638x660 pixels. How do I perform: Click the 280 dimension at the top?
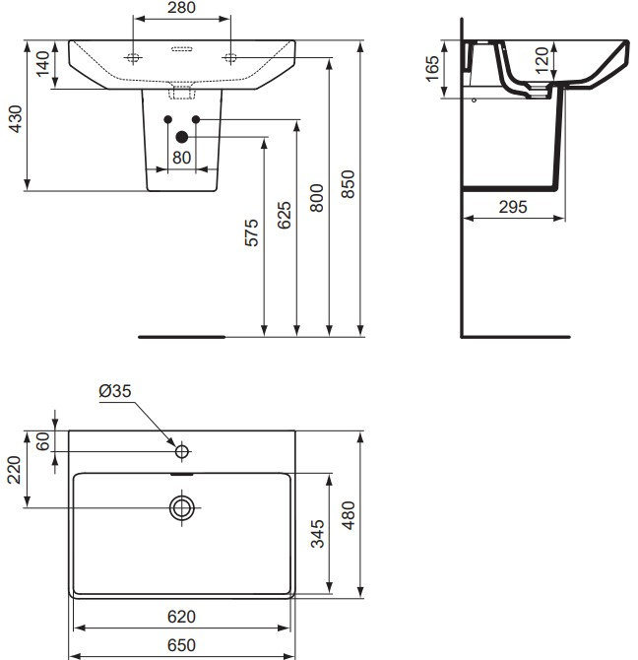point(181,8)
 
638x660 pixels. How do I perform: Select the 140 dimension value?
point(42,66)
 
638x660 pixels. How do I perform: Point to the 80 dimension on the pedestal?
point(181,157)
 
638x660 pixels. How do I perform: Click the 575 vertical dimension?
point(251,233)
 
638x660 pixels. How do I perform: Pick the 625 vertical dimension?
point(285,215)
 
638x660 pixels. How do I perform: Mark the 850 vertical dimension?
point(349,183)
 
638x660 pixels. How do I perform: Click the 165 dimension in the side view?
point(432,70)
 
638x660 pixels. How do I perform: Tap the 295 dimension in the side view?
point(512,207)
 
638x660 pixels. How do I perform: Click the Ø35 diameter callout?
point(114,392)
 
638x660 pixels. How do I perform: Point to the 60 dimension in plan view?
point(42,440)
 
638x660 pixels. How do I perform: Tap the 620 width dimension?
point(181,617)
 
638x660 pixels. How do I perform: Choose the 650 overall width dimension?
point(181,646)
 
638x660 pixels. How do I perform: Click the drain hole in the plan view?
point(181,508)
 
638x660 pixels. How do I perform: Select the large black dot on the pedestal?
point(180,137)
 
